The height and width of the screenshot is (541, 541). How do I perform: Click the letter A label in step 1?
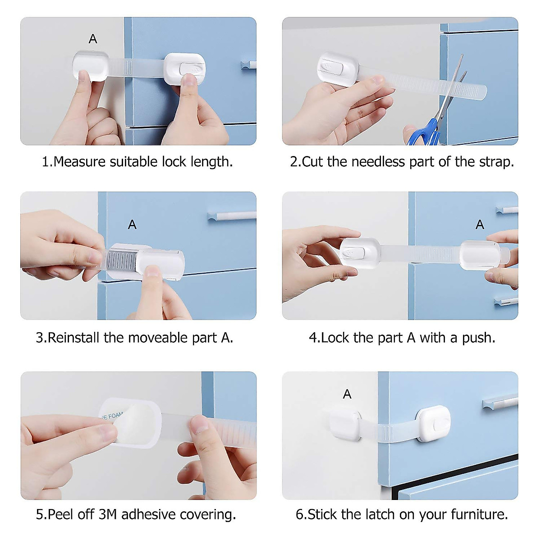(x=93, y=39)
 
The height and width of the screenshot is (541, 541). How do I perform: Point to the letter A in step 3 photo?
(x=132, y=225)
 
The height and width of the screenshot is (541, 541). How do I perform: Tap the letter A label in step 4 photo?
(x=480, y=225)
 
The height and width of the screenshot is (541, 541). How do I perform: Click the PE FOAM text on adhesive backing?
(x=111, y=416)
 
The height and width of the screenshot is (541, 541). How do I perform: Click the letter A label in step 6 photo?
(x=347, y=394)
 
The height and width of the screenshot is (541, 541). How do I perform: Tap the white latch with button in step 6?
(x=433, y=424)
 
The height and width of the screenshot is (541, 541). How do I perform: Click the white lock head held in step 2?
(x=337, y=70)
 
